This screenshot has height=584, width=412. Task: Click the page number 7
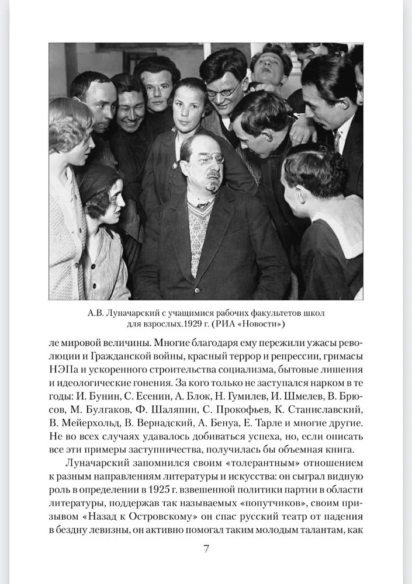[206, 549]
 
